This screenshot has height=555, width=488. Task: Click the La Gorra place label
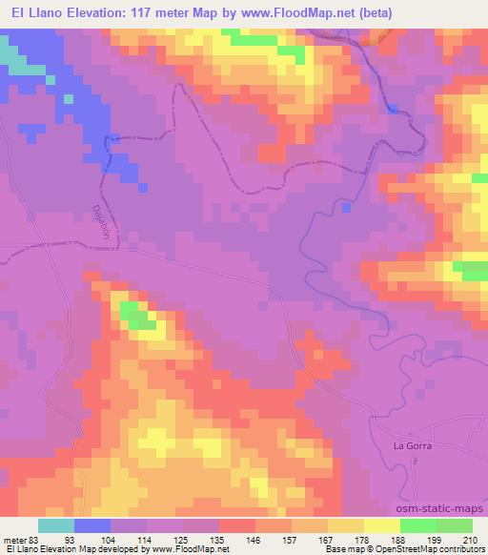click(413, 445)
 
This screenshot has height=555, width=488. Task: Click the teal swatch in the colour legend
click(56, 525)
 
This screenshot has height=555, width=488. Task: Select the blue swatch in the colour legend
click(92, 525)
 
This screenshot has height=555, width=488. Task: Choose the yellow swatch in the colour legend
click(381, 525)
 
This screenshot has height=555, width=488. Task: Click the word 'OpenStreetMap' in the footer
click(413, 550)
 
